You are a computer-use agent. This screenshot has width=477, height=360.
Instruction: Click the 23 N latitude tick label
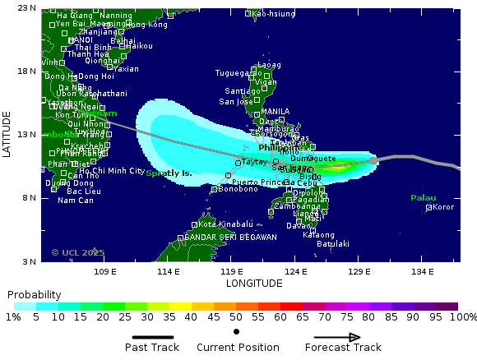click(x=26, y=8)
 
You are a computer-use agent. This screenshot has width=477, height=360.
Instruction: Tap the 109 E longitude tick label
click(x=104, y=271)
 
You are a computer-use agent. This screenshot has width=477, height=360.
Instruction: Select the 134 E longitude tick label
click(x=422, y=271)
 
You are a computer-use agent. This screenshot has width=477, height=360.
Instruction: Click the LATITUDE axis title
click(x=7, y=135)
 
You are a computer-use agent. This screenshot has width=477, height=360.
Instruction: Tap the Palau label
click(x=424, y=197)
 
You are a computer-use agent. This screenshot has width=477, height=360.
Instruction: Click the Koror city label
click(x=443, y=207)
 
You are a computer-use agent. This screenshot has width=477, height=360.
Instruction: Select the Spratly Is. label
click(x=169, y=173)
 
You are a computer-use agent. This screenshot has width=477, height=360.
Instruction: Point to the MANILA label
click(x=275, y=112)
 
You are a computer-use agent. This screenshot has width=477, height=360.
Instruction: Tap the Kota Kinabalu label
click(x=224, y=224)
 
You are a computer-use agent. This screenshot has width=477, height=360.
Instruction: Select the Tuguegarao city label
click(x=238, y=72)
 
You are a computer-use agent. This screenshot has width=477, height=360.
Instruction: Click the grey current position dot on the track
click(x=373, y=160)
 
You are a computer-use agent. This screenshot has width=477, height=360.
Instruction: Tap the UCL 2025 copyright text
click(x=78, y=252)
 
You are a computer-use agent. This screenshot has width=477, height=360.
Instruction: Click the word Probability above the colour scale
click(x=34, y=294)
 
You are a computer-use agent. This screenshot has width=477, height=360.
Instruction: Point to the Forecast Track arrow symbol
click(x=336, y=337)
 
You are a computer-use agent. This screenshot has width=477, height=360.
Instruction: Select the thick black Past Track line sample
click(x=153, y=337)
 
